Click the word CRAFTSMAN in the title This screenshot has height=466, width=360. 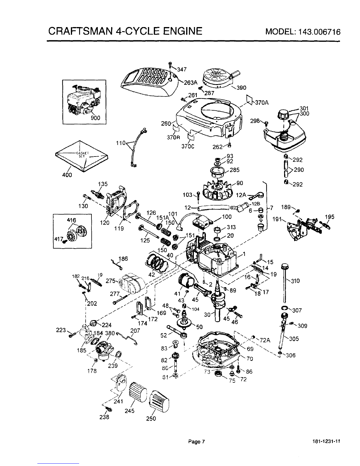tap(77, 31)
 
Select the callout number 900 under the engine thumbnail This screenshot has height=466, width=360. tap(95, 118)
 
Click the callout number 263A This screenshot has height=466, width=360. tap(190, 83)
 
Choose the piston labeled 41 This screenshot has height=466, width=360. tap(186, 279)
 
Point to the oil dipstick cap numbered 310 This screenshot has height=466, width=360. tap(284, 266)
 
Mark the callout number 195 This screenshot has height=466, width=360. tap(330, 217)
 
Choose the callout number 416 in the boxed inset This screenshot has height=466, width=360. tap(71, 220)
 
